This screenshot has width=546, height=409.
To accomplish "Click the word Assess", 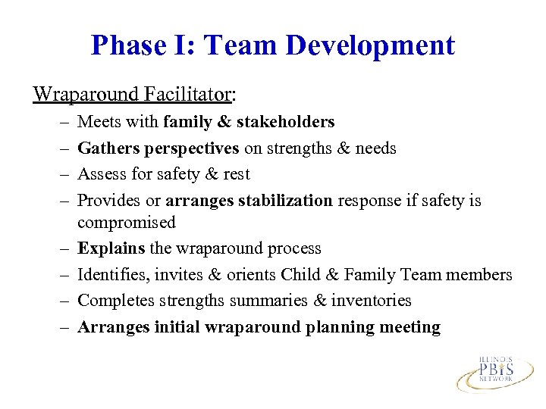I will click(102, 173).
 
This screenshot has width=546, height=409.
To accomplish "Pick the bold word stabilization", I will click(287, 200).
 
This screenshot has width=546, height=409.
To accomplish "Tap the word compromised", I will click(126, 223).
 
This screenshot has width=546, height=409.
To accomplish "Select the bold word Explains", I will click(111, 248).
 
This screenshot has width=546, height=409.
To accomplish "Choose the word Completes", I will click(113, 301).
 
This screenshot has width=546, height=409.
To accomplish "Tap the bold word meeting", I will click(410, 327).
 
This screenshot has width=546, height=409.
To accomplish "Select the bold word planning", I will click(340, 327).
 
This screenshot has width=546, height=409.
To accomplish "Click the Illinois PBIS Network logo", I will click(496, 370).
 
